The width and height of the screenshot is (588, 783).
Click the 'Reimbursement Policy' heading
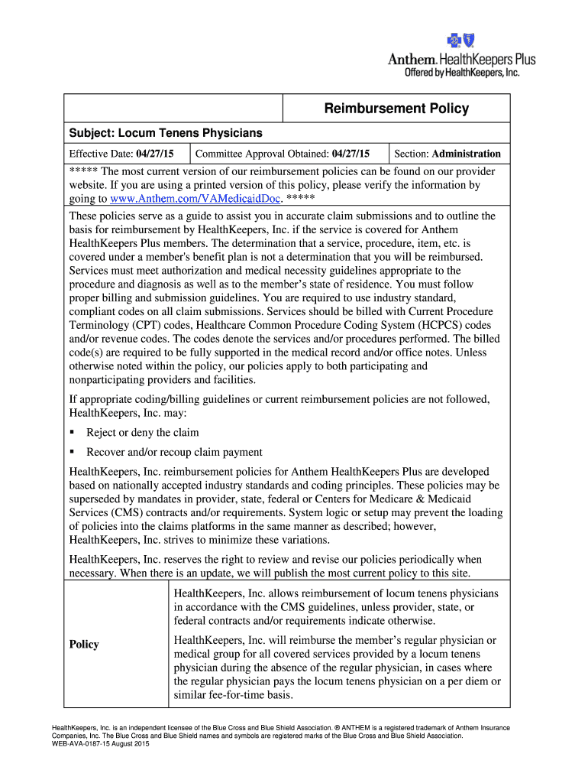(396, 109)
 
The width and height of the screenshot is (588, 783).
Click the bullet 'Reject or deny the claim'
(142, 432)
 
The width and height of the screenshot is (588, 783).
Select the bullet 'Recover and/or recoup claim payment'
(174, 452)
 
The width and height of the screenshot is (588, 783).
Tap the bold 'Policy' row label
(84, 644)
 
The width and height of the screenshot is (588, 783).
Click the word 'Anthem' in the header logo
(412, 60)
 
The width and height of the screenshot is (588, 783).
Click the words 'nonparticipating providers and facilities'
(163, 379)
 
